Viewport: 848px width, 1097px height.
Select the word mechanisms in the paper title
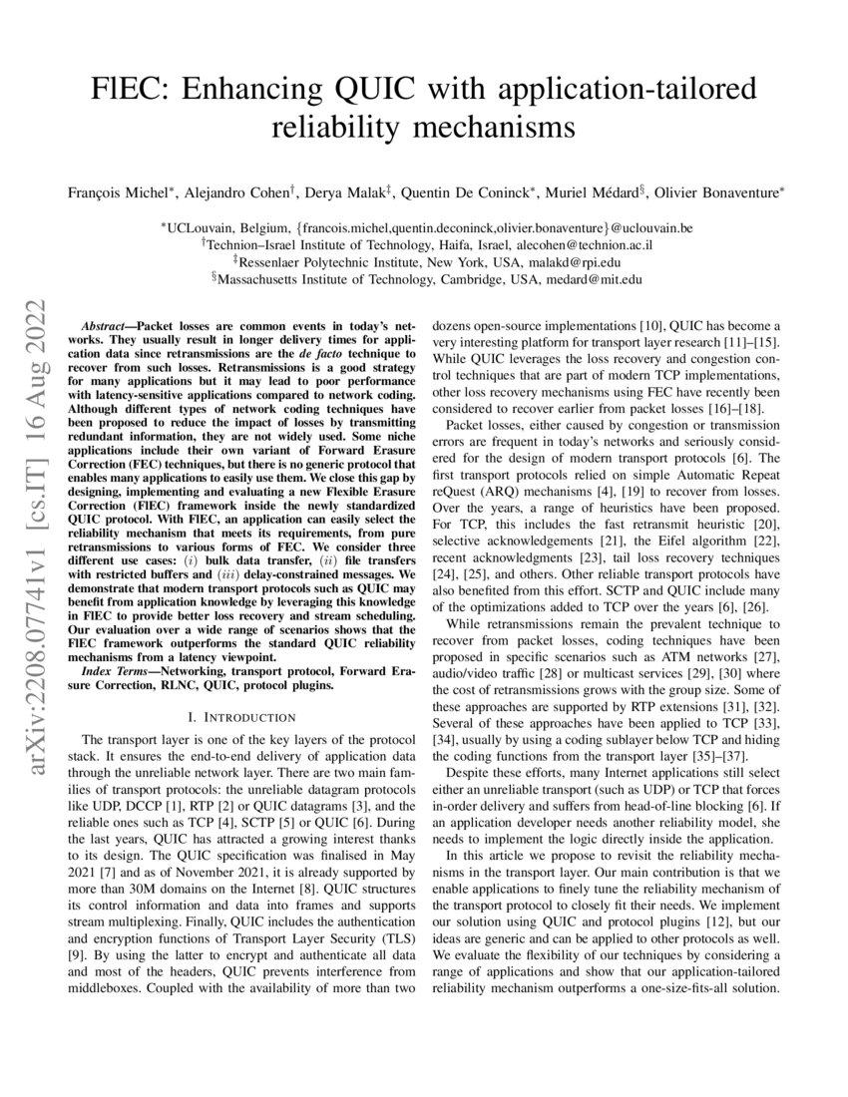(502, 129)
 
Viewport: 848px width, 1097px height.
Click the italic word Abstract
(102, 326)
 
